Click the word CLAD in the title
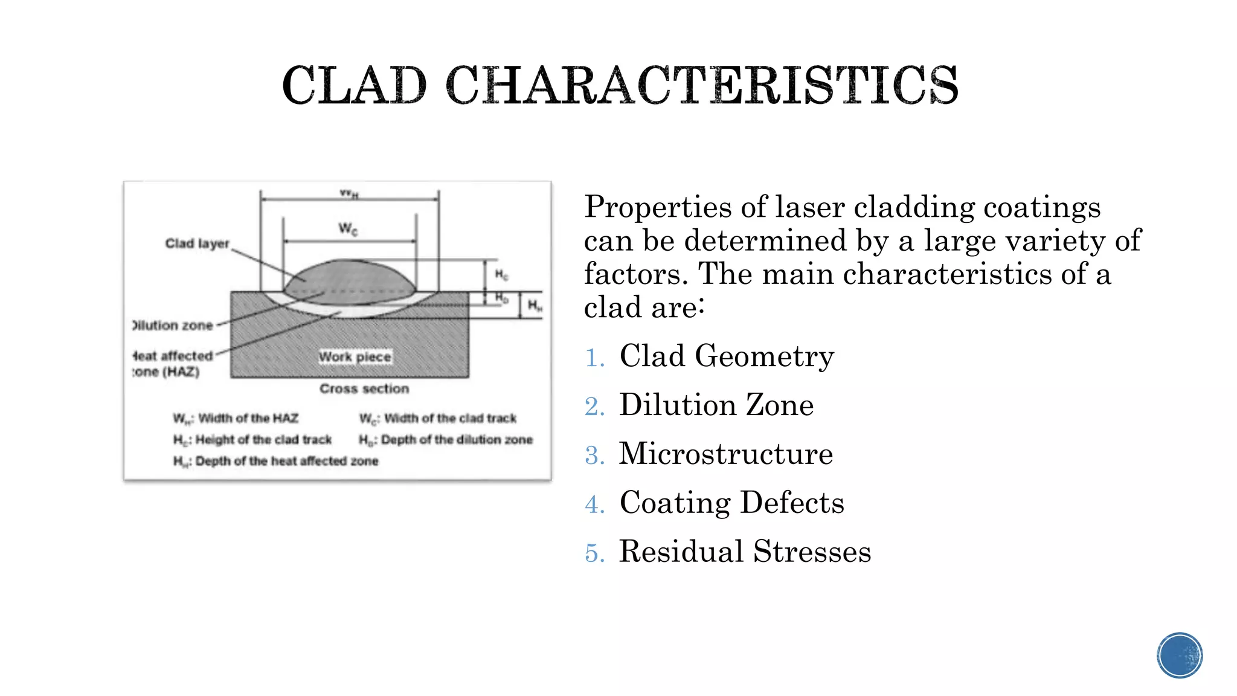pos(355,86)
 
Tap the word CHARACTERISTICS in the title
pos(702,86)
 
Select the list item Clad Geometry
pos(727,356)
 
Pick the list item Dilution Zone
pos(716,405)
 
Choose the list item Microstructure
pos(726,454)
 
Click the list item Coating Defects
pos(731,503)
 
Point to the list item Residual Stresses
pos(745,552)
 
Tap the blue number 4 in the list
pos(594,504)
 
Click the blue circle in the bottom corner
pos(1180,655)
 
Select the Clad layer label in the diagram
pos(197,243)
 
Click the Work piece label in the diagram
pos(355,357)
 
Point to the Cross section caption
pos(364,389)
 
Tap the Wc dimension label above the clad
pos(348,228)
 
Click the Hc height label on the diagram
pos(501,275)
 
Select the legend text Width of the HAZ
pos(248,418)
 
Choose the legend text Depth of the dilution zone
pos(457,440)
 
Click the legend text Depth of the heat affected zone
pos(286,462)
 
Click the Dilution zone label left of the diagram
pos(174,326)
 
